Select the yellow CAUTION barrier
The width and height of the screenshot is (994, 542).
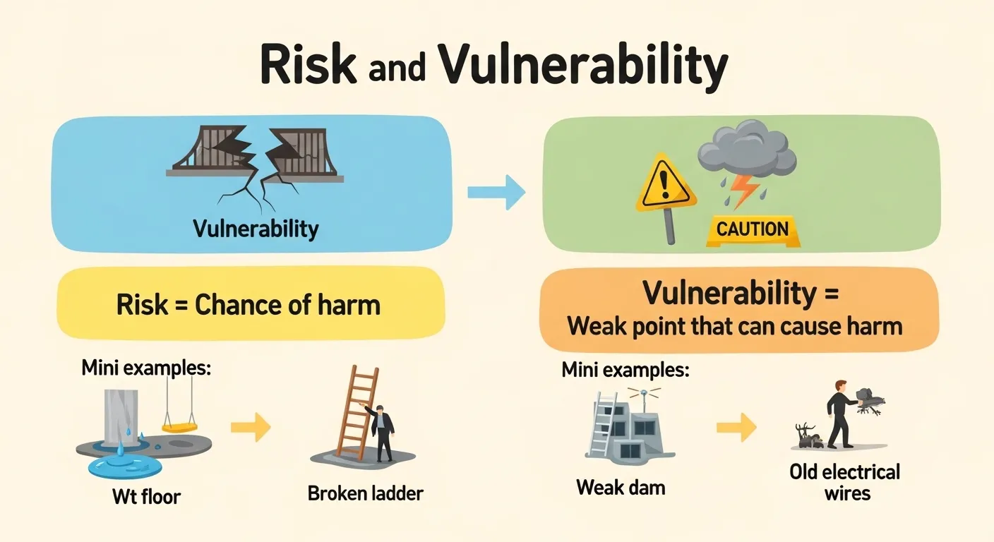752,229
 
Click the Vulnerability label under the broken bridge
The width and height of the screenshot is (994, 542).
256,229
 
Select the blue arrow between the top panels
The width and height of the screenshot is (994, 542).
496,191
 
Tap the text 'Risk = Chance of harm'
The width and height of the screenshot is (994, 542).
248,305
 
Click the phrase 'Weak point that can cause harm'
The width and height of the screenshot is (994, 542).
734,326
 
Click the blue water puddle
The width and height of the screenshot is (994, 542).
124,466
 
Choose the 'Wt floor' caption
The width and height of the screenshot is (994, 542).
146,496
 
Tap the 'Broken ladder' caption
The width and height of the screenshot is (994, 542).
365,493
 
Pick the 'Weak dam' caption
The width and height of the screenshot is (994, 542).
621,487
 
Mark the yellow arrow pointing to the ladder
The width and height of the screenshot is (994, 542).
251,426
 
